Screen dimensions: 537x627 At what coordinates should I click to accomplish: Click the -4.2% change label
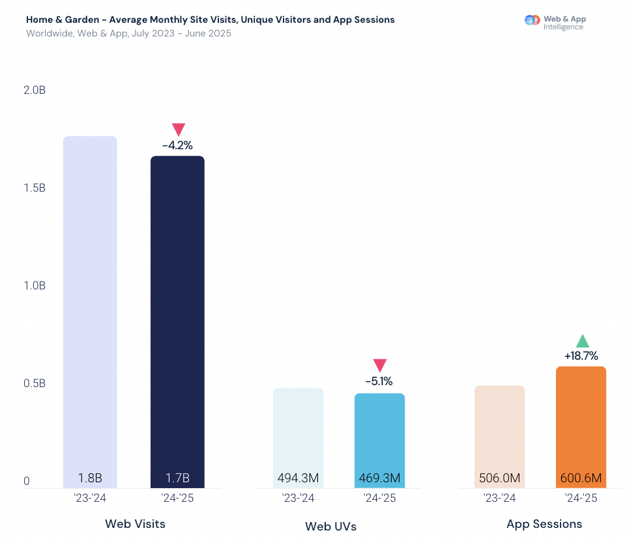[x=177, y=145]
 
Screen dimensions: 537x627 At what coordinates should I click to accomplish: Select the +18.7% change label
[x=581, y=356]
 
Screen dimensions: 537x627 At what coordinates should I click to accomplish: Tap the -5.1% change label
[x=379, y=381]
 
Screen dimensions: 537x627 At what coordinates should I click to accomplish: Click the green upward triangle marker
[x=582, y=341]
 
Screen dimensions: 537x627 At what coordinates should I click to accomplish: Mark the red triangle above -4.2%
[x=179, y=129]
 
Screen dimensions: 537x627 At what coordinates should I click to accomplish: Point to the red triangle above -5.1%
[x=380, y=365]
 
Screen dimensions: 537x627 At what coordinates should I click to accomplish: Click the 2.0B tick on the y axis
[x=35, y=90]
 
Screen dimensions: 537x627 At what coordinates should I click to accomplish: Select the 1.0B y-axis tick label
[x=35, y=285]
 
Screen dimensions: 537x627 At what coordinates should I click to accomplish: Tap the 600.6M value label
[x=581, y=478]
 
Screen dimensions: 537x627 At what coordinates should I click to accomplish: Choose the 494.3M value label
[x=298, y=478]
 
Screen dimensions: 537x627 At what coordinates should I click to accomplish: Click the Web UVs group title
[x=330, y=526]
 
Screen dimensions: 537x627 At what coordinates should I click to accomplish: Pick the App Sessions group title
[x=544, y=524]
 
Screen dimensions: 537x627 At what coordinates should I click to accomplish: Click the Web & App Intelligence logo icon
[x=532, y=20]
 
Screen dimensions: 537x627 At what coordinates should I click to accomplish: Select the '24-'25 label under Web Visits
[x=177, y=499]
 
